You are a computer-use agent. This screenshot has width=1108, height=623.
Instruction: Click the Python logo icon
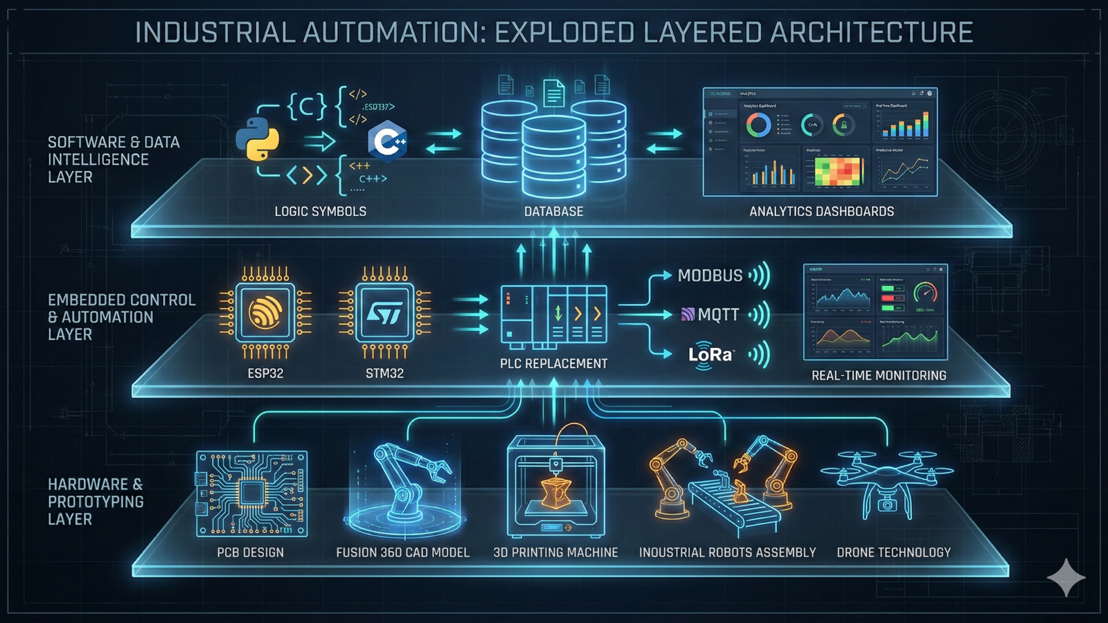(258, 139)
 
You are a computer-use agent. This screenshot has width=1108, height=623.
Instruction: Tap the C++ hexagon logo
(387, 142)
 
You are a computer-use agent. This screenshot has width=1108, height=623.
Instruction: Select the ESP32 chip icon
(265, 313)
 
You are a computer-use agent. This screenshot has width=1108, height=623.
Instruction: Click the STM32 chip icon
(384, 313)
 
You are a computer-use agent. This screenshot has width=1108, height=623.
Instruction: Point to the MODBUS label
(710, 276)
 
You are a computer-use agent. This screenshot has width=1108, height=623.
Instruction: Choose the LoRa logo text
(711, 355)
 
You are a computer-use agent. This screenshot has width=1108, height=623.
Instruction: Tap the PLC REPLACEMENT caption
(553, 363)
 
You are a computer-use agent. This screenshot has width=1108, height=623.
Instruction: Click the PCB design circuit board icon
(251, 493)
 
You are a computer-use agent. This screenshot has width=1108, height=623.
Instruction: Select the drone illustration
(887, 481)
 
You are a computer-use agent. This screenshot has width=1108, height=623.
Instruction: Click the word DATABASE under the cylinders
(553, 211)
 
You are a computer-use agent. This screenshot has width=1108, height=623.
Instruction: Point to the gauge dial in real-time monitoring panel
(925, 293)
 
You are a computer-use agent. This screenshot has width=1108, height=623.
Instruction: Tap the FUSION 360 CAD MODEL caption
(402, 552)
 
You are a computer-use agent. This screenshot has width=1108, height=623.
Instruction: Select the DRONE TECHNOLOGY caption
(893, 552)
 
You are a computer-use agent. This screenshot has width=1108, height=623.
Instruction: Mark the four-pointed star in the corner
(1066, 577)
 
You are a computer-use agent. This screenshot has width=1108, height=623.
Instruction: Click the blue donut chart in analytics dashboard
(758, 125)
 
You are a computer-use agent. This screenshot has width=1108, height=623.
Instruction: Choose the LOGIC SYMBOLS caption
(320, 211)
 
